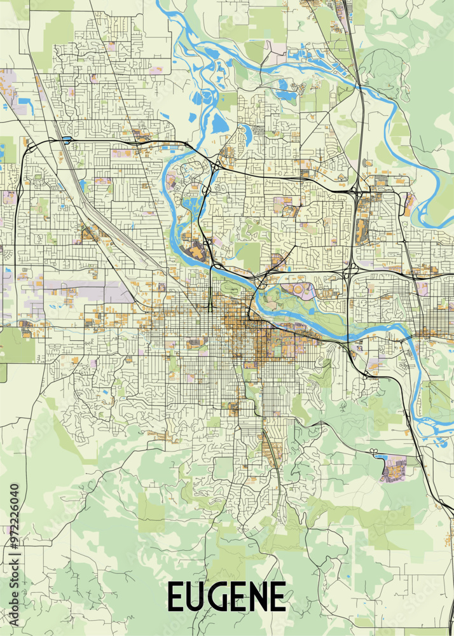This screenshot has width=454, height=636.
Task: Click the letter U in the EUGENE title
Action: [195, 597]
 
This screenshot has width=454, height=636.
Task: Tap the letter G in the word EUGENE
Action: [218, 597]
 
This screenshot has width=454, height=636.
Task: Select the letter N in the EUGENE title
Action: [256, 597]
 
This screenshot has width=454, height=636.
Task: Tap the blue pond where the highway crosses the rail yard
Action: [66, 139]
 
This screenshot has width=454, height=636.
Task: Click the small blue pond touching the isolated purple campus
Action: [380, 455]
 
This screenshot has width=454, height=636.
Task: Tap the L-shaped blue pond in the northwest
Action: [25, 101]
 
